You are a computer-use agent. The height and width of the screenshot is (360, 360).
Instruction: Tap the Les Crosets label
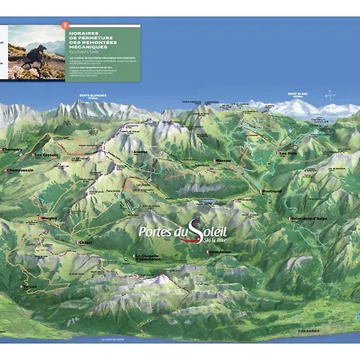tap(45, 154)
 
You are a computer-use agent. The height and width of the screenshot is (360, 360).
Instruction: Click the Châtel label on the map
tap(85, 242)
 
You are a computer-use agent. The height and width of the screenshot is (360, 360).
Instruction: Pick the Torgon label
tap(30, 286)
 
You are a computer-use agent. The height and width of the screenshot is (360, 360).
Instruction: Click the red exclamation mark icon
tap(65, 26)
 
